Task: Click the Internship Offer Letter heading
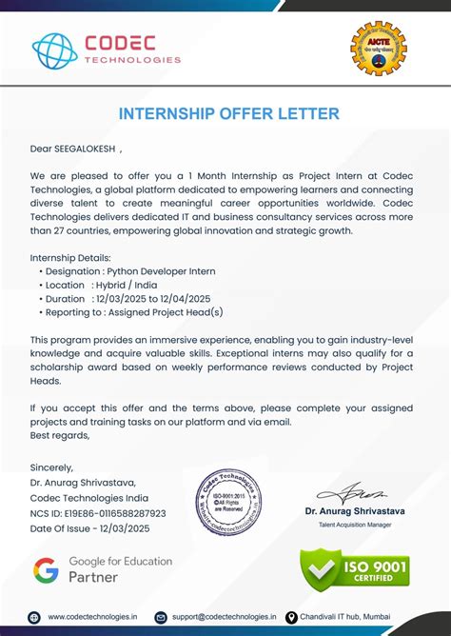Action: (228, 114)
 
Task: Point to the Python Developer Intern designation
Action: (162, 271)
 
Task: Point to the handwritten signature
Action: (354, 492)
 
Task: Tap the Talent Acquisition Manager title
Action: (355, 525)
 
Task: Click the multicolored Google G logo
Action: (46, 569)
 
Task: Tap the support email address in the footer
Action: (222, 618)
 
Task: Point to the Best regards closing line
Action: (60, 435)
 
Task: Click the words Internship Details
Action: (70, 258)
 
